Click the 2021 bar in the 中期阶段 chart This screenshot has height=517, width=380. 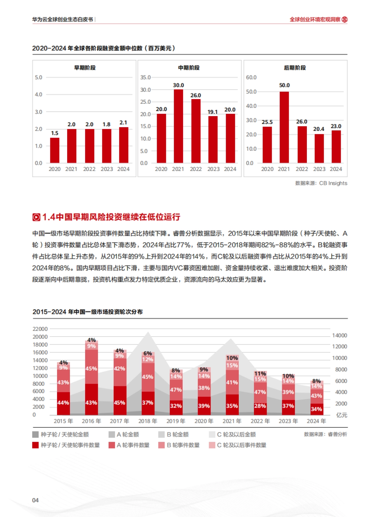click(x=178, y=126)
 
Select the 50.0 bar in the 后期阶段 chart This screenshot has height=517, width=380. click(x=284, y=127)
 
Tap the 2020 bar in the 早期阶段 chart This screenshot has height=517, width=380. click(x=54, y=150)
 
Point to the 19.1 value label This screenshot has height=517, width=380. click(x=212, y=112)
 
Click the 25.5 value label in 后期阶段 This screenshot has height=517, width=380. click(x=267, y=122)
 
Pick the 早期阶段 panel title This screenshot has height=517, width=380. click(x=85, y=68)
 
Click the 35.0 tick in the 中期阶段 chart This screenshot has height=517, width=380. click(x=145, y=77)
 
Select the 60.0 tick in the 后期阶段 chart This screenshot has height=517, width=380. click(x=251, y=77)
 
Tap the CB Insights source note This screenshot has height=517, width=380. click(x=321, y=183)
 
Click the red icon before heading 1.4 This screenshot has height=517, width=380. click(x=36, y=217)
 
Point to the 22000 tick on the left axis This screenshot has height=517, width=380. click(x=40, y=329)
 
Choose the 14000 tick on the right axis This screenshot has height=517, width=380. click(x=339, y=336)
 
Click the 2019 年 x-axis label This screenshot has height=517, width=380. click(x=176, y=421)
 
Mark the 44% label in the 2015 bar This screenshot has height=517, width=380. click(x=63, y=403)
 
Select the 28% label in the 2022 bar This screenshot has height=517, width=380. click(x=260, y=406)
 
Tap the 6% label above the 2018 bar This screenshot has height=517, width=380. click(x=148, y=353)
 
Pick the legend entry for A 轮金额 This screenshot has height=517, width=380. click(x=124, y=435)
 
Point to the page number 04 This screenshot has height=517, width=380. click(x=35, y=500)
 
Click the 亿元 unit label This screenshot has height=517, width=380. click(x=342, y=415)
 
